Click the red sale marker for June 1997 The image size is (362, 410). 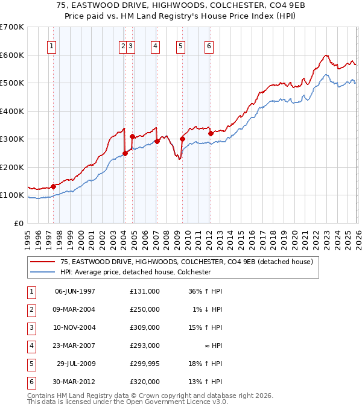tap(53, 186)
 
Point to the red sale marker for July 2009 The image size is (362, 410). tap(182, 139)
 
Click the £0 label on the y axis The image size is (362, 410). tap(19, 223)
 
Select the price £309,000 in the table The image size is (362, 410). tap(144, 327)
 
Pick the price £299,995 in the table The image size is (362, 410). tap(144, 364)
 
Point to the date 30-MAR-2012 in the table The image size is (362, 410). tap(75, 382)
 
